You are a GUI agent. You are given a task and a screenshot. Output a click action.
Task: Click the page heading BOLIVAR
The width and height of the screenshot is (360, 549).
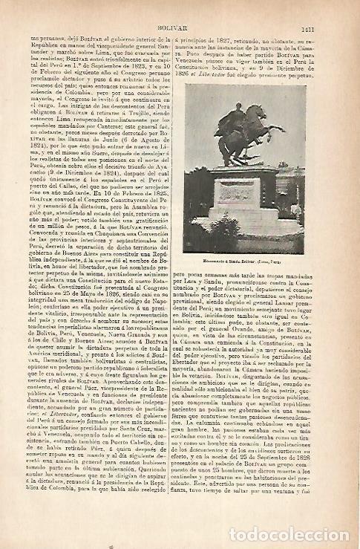[x=184, y=9]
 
